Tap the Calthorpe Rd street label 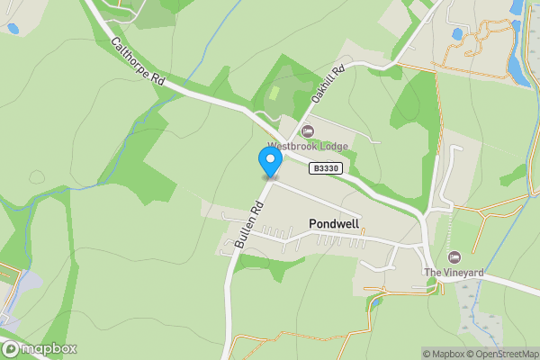137,62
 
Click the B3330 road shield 325,168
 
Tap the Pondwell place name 335,222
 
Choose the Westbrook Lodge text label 307,146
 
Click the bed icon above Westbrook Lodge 307,132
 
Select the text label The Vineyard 454,272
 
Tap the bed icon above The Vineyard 454,258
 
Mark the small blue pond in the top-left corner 13,29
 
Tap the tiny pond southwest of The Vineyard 376,300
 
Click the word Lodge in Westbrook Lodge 332,146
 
